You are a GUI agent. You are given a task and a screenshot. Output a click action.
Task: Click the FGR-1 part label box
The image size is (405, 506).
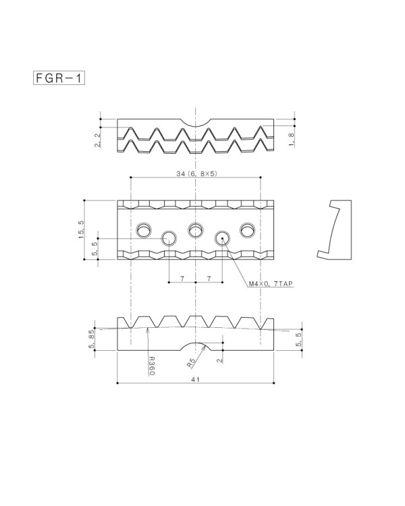coord(59,78)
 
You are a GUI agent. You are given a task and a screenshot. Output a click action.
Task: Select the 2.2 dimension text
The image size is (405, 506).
coord(98,141)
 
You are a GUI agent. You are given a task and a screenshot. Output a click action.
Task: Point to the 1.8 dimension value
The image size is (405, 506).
coord(292,140)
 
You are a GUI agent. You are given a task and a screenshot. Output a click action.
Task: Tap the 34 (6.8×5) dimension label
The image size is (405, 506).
coord(196,173)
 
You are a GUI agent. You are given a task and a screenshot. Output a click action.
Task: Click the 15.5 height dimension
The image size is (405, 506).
coord(81,229)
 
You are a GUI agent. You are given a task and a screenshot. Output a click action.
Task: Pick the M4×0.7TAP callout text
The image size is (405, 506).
coord(271,283)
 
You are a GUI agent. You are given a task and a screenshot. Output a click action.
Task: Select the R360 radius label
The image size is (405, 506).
coord(152,366)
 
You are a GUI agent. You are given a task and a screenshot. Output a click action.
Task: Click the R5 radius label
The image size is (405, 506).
coord(191,364)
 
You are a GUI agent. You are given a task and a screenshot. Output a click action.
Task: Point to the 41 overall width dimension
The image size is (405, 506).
coord(195,379)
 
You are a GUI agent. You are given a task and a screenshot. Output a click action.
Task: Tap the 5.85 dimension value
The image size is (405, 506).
coord(91,339)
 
